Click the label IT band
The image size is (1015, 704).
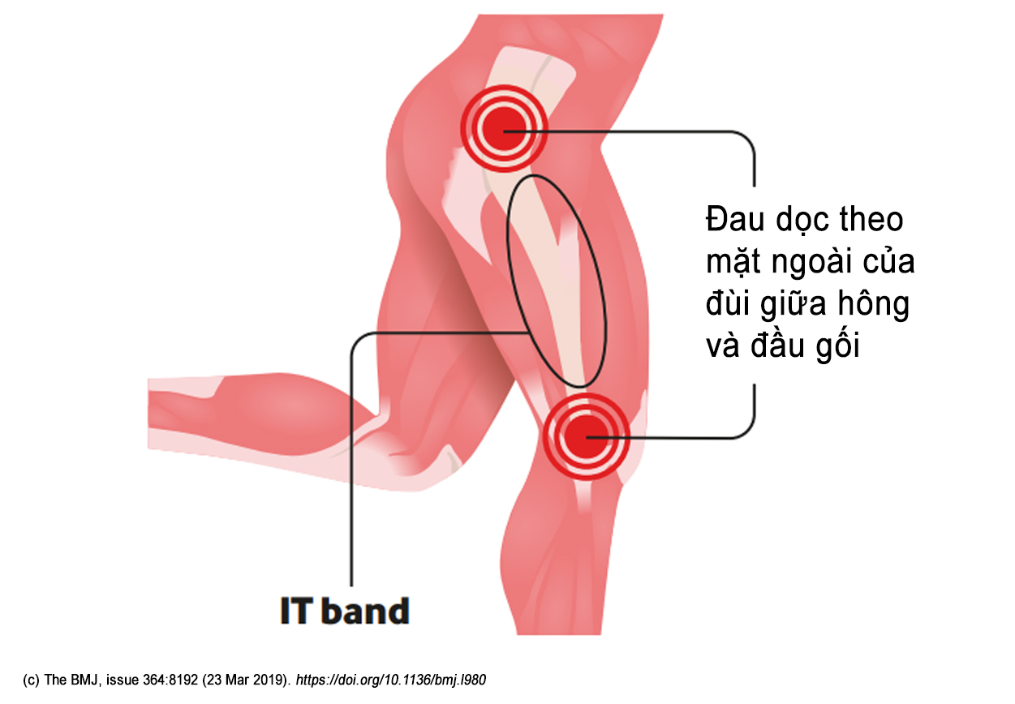(x=345, y=611)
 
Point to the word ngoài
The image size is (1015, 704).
(x=815, y=264)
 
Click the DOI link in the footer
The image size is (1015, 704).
(x=391, y=680)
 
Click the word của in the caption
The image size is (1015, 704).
(x=888, y=264)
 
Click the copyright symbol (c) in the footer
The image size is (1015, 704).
(x=32, y=680)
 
